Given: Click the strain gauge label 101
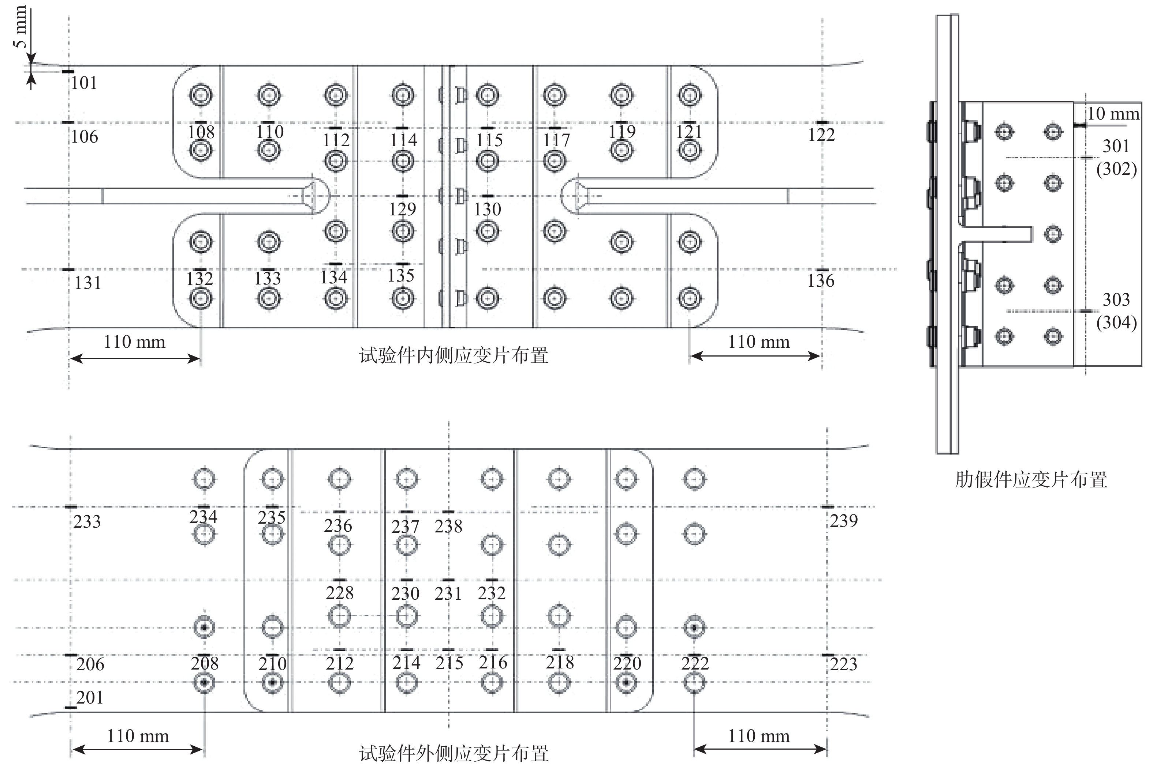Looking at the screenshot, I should coord(84,83).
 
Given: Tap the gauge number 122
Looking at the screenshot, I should coord(821,134).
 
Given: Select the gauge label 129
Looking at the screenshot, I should coord(403,210).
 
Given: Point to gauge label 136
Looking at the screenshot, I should coord(821,281).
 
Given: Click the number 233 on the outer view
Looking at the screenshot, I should coord(87,521).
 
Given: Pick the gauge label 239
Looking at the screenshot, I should coord(844,521).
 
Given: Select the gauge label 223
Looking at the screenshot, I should coord(843,664).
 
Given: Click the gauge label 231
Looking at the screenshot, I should coord(448,593).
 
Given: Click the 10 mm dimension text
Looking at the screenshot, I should coord(1113,114).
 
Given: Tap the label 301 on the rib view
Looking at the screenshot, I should coord(1116,146).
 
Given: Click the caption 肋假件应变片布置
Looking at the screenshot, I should coord(1031,480).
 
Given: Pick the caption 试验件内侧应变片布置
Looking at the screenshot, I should coord(454,355).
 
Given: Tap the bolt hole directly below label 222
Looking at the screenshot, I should coord(694,682).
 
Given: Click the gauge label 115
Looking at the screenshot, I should coord(489,140).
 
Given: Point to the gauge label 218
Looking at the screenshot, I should coord(560,663).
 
